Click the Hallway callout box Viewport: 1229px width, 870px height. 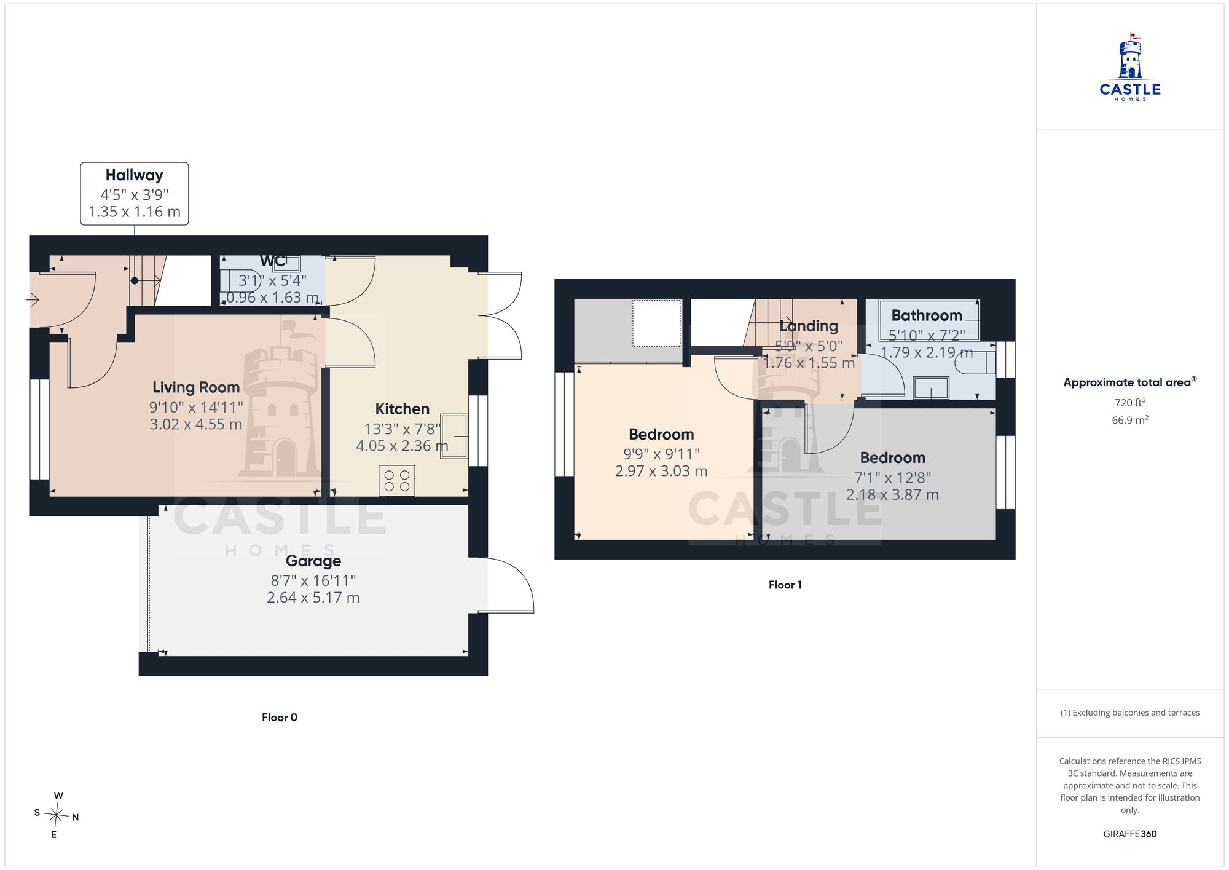point(135,194)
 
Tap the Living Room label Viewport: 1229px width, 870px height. point(196,387)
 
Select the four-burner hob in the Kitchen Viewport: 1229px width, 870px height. point(397,481)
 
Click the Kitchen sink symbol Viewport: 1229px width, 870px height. point(454,437)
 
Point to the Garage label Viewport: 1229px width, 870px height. point(313,561)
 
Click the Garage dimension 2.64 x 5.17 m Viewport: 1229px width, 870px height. point(313,598)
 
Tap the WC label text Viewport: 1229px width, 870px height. point(272,261)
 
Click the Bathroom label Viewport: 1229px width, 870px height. point(927,315)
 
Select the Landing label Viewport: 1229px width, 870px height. point(809,326)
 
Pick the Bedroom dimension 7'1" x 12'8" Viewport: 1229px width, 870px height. point(892,478)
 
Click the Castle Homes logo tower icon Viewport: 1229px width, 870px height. point(1130,56)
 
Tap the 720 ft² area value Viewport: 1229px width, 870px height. point(1130,403)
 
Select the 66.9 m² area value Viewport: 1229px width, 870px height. point(1130,420)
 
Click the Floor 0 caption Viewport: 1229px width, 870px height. point(280,718)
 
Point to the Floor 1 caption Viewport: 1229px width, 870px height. point(785,585)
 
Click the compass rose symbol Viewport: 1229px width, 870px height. point(57,815)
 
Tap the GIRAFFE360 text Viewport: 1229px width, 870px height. point(1130,834)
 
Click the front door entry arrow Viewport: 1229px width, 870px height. point(33,300)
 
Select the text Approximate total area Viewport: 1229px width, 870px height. point(1127,382)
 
